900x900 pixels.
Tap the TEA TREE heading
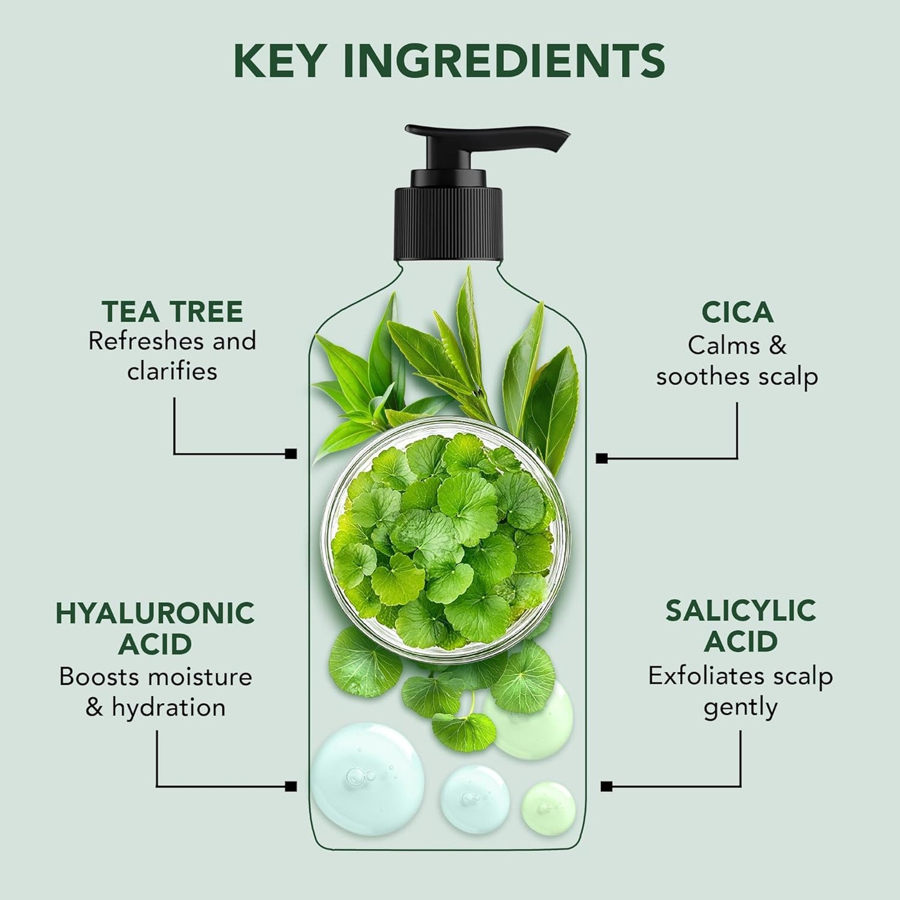173,311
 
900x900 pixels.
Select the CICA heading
737,312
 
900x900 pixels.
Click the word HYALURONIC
155,613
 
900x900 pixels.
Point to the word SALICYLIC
740,611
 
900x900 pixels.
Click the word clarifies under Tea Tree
173,371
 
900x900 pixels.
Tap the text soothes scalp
737,376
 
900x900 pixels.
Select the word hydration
169,708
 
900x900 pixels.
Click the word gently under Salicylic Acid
740,708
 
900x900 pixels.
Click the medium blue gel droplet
475,798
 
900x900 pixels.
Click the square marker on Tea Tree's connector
290,454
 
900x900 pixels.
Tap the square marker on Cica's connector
601,458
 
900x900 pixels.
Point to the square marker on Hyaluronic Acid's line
290,786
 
